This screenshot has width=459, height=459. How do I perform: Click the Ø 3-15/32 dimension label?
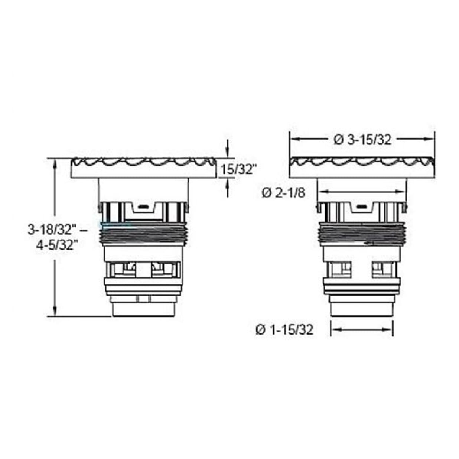tap(362, 140)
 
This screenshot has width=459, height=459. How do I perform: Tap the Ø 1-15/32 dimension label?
tap(284, 330)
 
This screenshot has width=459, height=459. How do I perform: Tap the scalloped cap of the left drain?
tap(144, 168)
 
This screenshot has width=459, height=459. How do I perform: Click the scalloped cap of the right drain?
tap(362, 168)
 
